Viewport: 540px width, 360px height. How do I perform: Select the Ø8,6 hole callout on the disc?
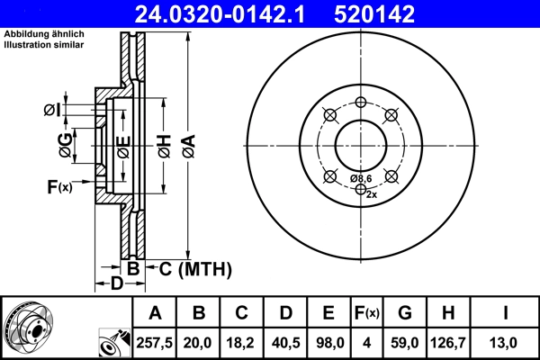360,179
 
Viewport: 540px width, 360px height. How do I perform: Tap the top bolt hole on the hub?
360,102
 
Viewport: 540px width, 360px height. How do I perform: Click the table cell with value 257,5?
155,342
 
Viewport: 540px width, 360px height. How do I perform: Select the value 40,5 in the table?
285,342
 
